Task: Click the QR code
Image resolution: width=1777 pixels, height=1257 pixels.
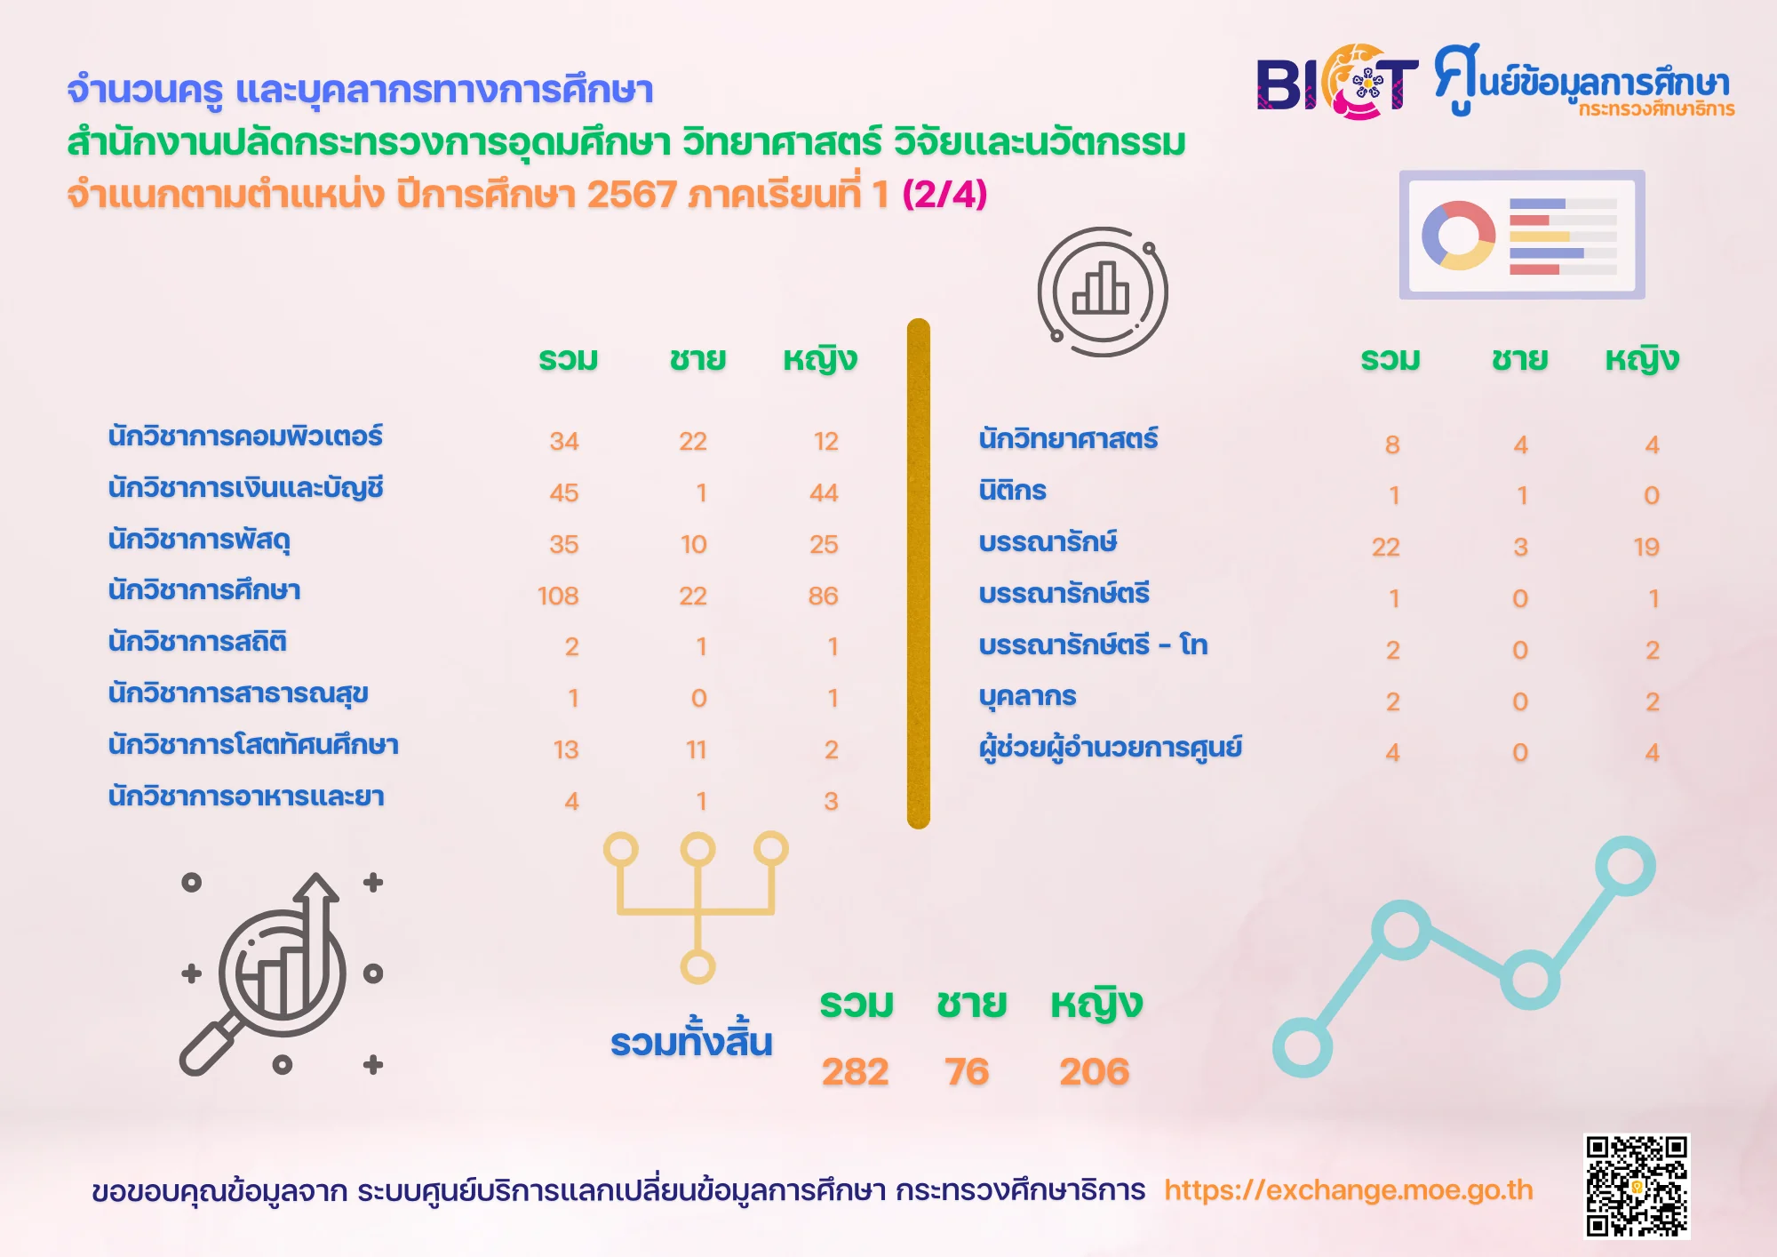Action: coord(1637,1185)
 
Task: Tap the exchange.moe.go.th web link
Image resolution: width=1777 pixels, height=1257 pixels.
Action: coord(1349,1189)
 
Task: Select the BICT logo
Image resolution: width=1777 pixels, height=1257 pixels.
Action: coord(1337,82)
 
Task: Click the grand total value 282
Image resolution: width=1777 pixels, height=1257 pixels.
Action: coord(855,1071)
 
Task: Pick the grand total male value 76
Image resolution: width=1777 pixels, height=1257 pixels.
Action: coord(967,1071)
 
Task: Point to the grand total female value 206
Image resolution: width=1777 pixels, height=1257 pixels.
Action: coord(1094,1071)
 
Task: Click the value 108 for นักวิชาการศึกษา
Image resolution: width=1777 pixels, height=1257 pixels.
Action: coord(558,596)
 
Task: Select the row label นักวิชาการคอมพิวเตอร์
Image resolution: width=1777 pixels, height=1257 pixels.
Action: coord(245,436)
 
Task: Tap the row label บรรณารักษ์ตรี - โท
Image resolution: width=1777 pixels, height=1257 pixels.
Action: coord(1093,644)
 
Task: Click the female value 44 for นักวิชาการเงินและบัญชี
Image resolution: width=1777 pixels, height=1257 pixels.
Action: coord(824,492)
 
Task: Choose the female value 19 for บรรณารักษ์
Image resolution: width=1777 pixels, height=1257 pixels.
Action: coord(1646,547)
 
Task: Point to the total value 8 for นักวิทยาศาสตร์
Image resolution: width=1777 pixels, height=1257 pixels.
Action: coord(1392,444)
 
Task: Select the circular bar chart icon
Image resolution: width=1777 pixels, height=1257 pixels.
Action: coord(1103,292)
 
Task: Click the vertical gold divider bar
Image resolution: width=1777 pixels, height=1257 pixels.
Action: coord(919,573)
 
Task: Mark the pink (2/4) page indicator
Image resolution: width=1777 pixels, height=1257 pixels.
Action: coord(944,194)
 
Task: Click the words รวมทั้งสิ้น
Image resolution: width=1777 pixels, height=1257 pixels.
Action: coord(691,1040)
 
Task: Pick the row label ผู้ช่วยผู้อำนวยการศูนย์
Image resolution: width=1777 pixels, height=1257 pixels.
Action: coord(1110,747)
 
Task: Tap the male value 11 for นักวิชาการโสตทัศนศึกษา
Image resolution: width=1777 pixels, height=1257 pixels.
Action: coord(697,750)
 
